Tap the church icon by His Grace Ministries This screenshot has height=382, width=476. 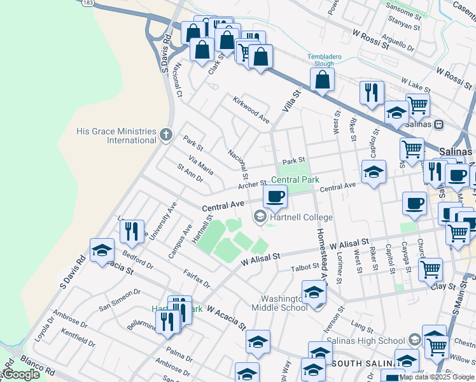click(x=166, y=134)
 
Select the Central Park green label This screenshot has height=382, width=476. click(x=295, y=180)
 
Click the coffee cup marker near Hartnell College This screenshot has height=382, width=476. click(x=275, y=196)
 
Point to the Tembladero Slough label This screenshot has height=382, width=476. click(x=325, y=60)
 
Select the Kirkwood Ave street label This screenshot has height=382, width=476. click(x=251, y=110)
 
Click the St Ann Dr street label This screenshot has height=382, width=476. click(x=190, y=173)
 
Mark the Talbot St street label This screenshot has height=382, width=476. click(x=305, y=267)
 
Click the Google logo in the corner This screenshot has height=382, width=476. click(x=20, y=374)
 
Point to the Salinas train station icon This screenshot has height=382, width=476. click(x=438, y=124)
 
